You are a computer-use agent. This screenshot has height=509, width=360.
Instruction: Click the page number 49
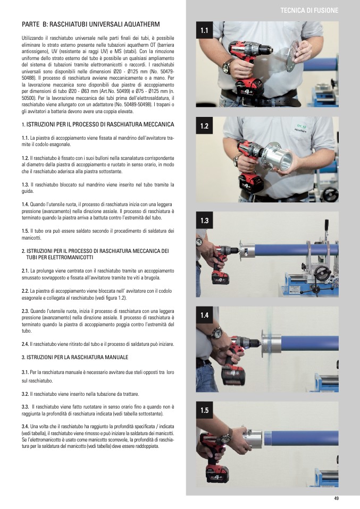(x=336, y=498)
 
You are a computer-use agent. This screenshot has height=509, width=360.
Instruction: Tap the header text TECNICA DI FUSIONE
(x=309, y=11)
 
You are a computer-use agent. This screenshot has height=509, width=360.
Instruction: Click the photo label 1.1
(x=204, y=30)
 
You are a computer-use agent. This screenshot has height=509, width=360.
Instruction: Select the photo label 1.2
(x=204, y=126)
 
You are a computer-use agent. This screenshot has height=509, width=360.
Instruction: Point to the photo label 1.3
(x=204, y=220)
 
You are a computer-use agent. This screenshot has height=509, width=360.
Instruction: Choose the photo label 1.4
(x=204, y=315)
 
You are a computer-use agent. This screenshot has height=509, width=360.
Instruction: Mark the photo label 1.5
(x=204, y=410)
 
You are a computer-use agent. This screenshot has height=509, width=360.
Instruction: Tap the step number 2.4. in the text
(x=26, y=344)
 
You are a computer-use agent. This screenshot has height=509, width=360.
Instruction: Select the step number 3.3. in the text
(x=26, y=407)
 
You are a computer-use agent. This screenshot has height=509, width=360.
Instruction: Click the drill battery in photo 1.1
(x=249, y=89)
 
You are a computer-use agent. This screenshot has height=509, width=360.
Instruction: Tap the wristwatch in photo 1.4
(x=216, y=333)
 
